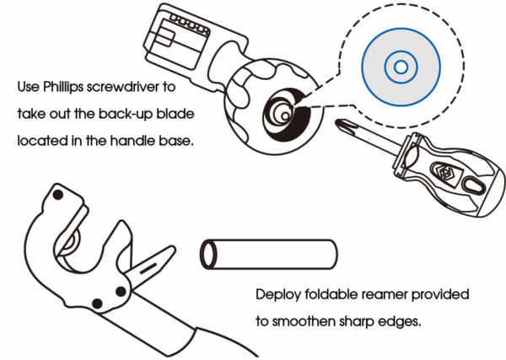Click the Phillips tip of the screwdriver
[342, 125]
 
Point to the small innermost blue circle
[401, 67]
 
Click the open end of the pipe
[207, 255]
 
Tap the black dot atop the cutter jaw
[57, 195]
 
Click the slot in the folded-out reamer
[148, 268]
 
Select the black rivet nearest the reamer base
[121, 292]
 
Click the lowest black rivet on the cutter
[97, 304]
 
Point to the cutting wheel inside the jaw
[69, 244]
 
